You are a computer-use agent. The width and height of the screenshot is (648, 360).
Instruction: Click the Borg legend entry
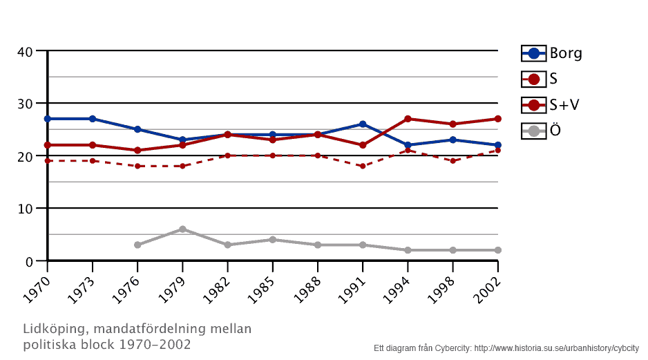(551, 53)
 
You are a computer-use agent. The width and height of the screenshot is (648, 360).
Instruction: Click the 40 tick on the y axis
(26, 51)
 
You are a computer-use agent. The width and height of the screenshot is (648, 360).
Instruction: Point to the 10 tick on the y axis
(26, 209)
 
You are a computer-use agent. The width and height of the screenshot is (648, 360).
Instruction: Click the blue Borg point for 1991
(363, 124)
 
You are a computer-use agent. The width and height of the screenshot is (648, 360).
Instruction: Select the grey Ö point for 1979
(182, 229)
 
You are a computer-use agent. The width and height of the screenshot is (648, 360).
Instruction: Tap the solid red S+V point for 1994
(408, 119)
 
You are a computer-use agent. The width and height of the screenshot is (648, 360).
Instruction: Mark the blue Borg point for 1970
(48, 119)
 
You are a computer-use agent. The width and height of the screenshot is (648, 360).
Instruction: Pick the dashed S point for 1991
(363, 166)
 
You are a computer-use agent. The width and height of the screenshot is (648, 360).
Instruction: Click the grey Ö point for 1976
(137, 245)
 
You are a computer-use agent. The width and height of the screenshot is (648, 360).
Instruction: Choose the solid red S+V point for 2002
(497, 119)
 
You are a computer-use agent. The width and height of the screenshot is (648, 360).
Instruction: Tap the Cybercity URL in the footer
(556, 348)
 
